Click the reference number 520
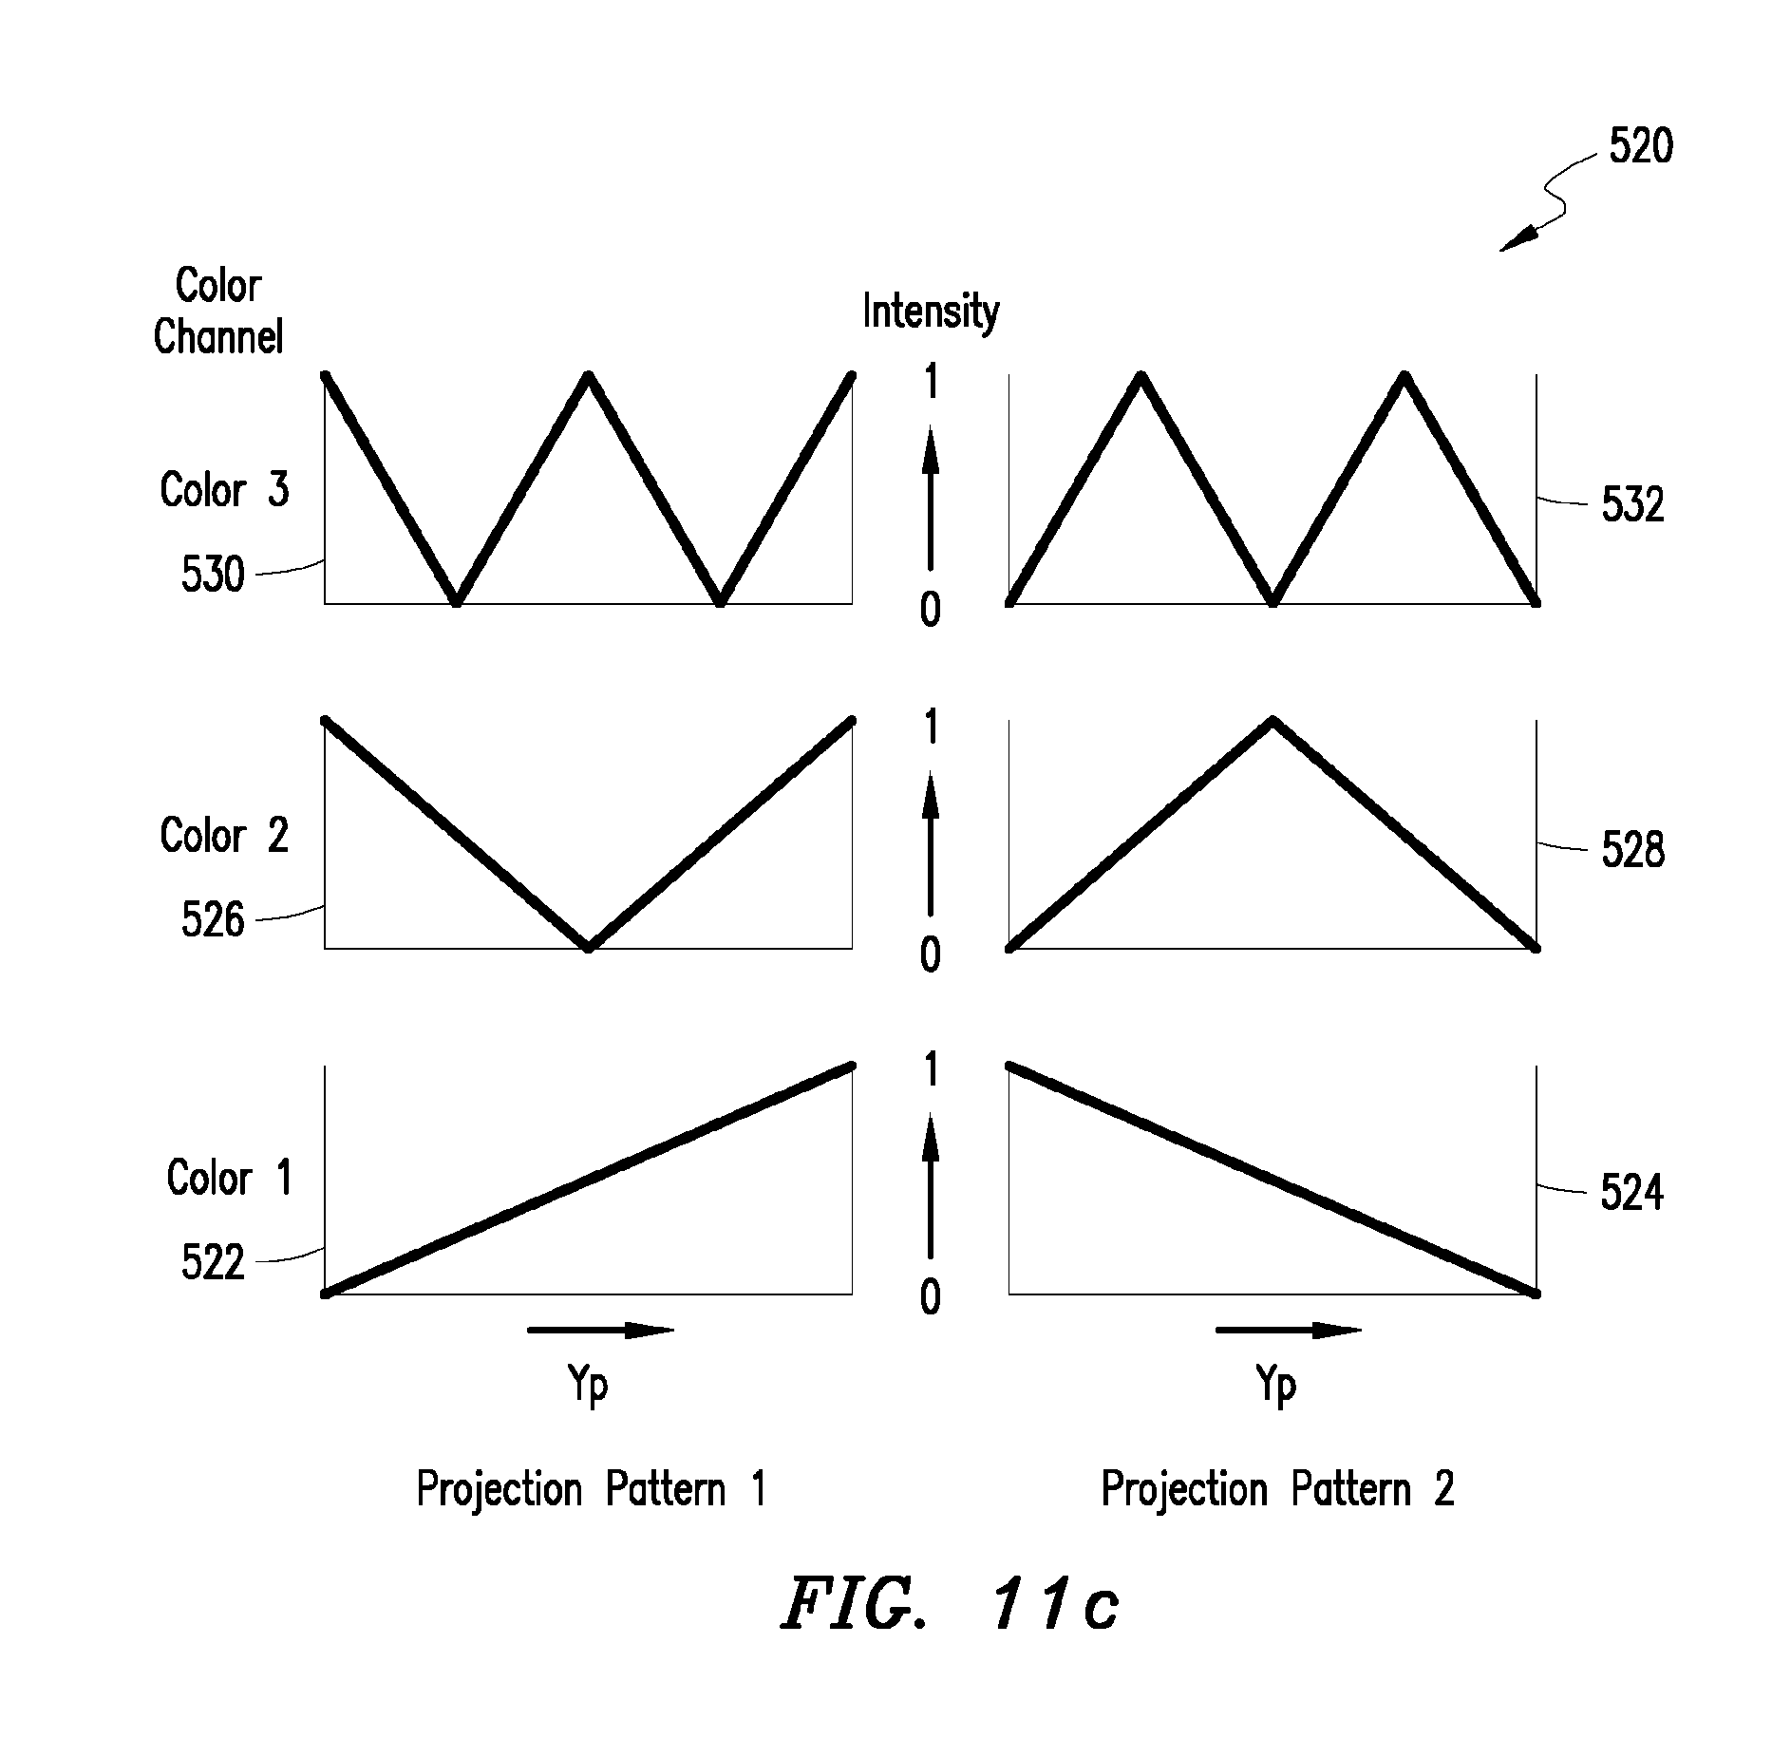pos(1640,146)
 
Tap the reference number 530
pos(213,575)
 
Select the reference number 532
pos(1632,505)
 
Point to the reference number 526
pos(213,919)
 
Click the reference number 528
pos(1632,850)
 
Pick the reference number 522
pos(213,1262)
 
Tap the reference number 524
pos(1631,1193)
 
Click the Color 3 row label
pos(224,490)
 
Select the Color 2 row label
pos(224,836)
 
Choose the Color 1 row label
pos(229,1178)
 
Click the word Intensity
pos(931,312)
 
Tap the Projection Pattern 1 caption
pos(591,1489)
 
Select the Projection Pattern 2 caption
pos(1277,1489)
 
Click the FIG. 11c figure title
pos(950,1604)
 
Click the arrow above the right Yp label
pos(1289,1331)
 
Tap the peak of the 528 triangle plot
pos(1272,721)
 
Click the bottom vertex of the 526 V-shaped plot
pos(589,947)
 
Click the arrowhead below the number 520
pos(1517,240)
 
